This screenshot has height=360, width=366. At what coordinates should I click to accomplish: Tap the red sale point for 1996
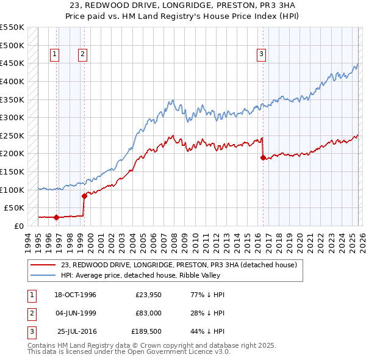[x=56, y=217]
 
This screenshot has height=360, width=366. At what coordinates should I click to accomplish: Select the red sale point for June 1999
[x=84, y=196]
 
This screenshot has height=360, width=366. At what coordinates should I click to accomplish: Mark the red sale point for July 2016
[x=263, y=157]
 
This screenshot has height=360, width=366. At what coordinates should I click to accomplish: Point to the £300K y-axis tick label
[x=12, y=117]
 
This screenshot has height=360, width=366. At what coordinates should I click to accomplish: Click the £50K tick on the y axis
[x=14, y=207]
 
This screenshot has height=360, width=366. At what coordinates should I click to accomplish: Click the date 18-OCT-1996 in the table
[x=75, y=295]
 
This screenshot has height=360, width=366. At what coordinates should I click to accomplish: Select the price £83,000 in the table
[x=149, y=313]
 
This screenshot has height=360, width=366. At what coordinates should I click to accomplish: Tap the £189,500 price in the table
[x=146, y=331]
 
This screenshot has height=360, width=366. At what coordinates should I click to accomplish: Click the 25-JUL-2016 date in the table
[x=76, y=331]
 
